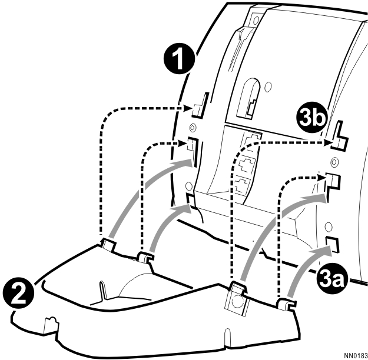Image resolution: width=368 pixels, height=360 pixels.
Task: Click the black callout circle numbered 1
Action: [180, 59]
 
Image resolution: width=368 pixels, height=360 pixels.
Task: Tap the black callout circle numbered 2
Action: [18, 294]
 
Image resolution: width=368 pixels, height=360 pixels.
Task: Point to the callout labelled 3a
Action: [331, 279]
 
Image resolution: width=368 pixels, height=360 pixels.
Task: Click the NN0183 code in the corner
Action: [356, 356]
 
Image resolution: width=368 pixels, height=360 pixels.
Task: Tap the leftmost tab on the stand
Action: [108, 245]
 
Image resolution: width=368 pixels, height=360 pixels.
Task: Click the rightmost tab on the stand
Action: [286, 305]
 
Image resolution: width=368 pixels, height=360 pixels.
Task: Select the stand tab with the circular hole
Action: [237, 298]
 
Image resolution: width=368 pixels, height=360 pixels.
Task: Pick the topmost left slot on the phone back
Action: [201, 105]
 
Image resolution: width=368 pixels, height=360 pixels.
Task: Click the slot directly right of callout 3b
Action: [340, 136]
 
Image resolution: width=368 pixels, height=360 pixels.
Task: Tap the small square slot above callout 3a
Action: [333, 245]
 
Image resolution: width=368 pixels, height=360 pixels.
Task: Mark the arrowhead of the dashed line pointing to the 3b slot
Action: [327, 142]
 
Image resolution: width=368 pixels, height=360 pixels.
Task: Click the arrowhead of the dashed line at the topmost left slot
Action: [188, 109]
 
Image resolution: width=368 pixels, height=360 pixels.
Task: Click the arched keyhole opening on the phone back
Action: [248, 98]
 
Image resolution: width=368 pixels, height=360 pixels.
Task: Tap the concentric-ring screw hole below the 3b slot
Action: [334, 162]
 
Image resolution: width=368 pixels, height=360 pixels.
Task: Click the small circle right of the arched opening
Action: [268, 86]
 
